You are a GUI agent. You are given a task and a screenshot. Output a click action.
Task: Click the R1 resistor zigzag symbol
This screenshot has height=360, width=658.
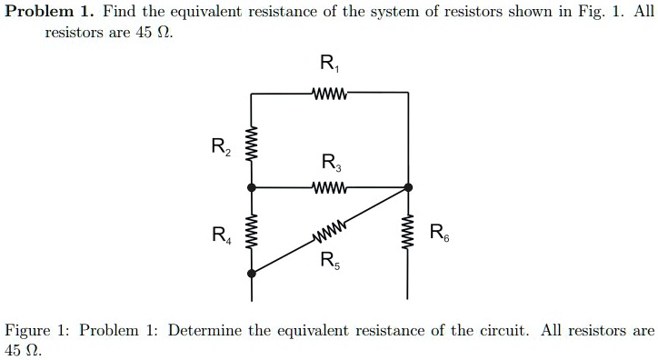328,94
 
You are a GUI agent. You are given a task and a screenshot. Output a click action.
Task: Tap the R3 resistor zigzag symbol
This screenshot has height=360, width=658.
328,187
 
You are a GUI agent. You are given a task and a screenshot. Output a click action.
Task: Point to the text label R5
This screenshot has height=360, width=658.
328,260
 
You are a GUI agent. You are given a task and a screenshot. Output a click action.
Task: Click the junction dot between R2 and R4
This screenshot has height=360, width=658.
253,187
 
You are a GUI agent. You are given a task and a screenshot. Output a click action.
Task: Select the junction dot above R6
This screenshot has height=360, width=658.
407,187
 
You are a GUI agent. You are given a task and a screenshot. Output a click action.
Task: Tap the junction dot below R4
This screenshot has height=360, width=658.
253,273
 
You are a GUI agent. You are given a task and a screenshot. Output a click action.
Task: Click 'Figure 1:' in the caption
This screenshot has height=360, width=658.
37,330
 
